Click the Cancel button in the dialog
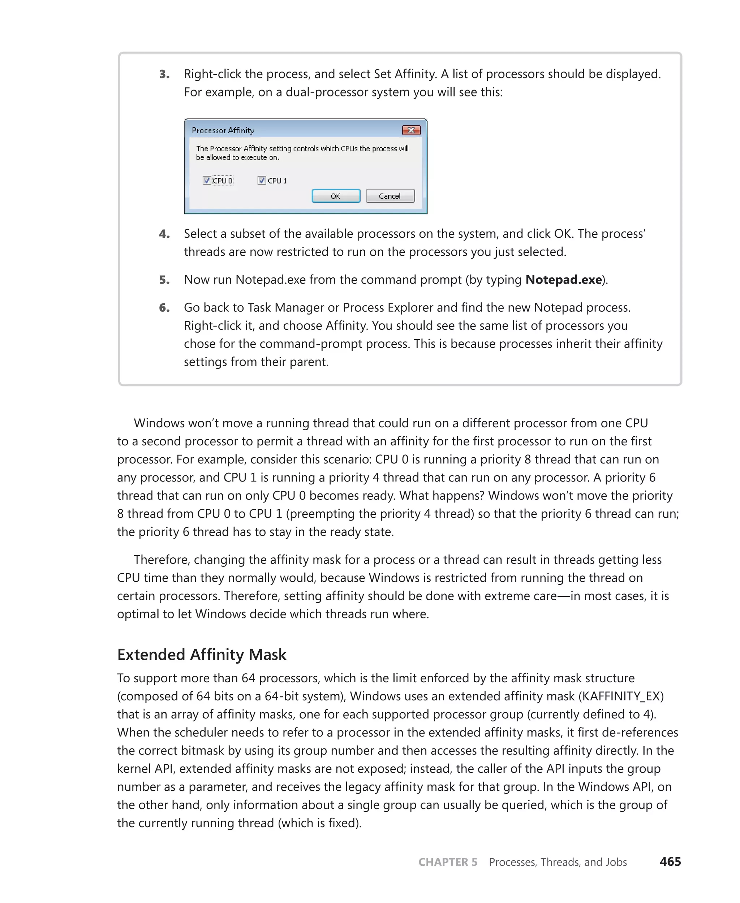(390, 196)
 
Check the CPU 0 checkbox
(207, 180)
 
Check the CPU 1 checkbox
(262, 180)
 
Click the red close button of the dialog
(411, 130)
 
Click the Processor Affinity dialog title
(223, 130)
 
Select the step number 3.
(164, 74)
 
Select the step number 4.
(164, 234)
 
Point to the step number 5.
(164, 280)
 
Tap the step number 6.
(164, 308)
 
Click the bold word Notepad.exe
(564, 280)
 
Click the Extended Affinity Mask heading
(202, 654)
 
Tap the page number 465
(670, 862)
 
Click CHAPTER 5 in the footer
(448, 862)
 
